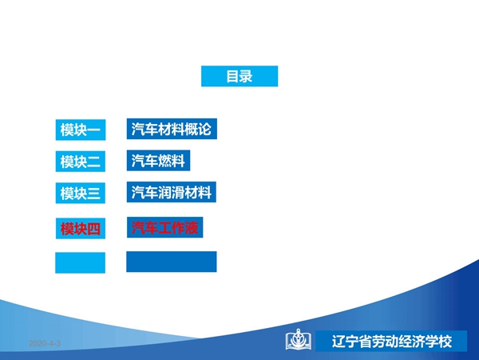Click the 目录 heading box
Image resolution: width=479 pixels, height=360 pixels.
(x=239, y=76)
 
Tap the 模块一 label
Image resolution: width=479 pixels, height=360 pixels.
(x=81, y=130)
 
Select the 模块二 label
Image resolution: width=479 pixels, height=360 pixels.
(x=81, y=162)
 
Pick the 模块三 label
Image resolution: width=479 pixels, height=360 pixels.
(x=81, y=193)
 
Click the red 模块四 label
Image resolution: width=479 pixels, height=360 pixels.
(x=81, y=228)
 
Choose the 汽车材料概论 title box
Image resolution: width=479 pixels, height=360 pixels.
(x=172, y=129)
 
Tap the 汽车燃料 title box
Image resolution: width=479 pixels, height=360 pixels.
(x=158, y=161)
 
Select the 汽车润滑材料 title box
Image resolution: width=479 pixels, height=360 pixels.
(x=172, y=192)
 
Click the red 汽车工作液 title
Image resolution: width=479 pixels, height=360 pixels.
(x=165, y=227)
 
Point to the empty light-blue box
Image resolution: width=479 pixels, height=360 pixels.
(x=80, y=262)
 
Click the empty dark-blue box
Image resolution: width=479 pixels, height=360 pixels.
(x=172, y=262)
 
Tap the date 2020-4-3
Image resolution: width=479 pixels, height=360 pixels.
(x=45, y=343)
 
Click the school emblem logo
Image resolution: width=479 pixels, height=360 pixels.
(x=298, y=339)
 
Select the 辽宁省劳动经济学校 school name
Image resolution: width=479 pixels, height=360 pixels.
(x=392, y=342)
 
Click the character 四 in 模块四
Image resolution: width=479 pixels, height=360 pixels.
(x=93, y=229)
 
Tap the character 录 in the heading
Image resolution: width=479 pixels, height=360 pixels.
(x=246, y=76)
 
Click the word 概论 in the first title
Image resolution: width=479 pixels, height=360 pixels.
(x=198, y=129)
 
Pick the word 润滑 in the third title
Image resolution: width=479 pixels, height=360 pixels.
(x=172, y=192)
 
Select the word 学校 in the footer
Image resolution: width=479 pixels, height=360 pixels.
(x=439, y=342)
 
